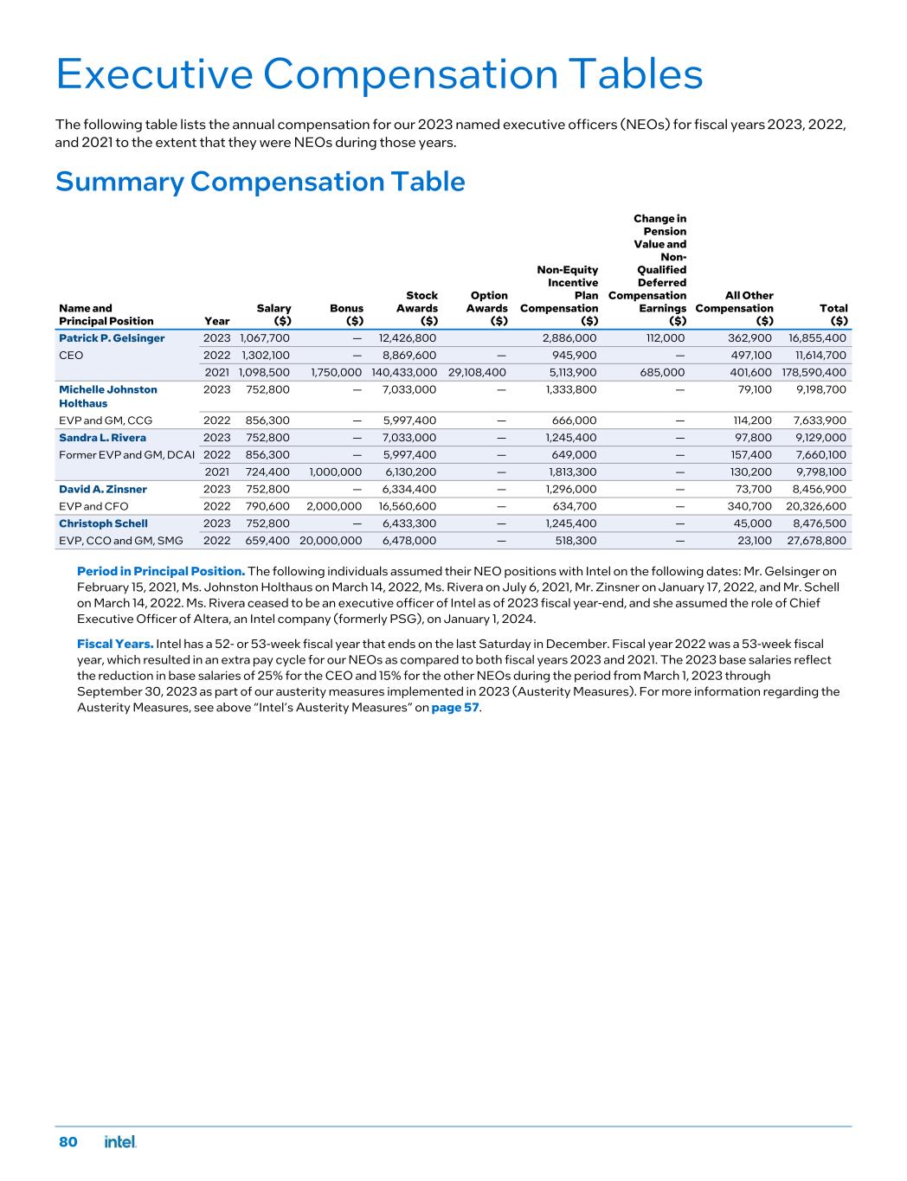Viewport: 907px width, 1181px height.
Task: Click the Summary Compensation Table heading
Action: click(260, 182)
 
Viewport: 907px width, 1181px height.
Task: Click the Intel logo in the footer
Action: click(120, 1143)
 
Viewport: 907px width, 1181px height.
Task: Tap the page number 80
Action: click(68, 1143)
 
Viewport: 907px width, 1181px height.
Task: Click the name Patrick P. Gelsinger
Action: click(112, 338)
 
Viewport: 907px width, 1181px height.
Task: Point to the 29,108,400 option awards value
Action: click(477, 373)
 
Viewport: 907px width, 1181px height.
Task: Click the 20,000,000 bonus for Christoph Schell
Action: click(331, 541)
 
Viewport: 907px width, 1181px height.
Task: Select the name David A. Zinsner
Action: click(103, 490)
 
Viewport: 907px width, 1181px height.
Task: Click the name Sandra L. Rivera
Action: click(102, 438)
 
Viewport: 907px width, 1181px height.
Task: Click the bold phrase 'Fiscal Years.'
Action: click(115, 644)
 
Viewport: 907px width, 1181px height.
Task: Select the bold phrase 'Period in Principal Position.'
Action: click(161, 572)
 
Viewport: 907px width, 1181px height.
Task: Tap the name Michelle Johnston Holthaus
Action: click(108, 396)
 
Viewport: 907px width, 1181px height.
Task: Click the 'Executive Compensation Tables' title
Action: click(379, 75)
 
